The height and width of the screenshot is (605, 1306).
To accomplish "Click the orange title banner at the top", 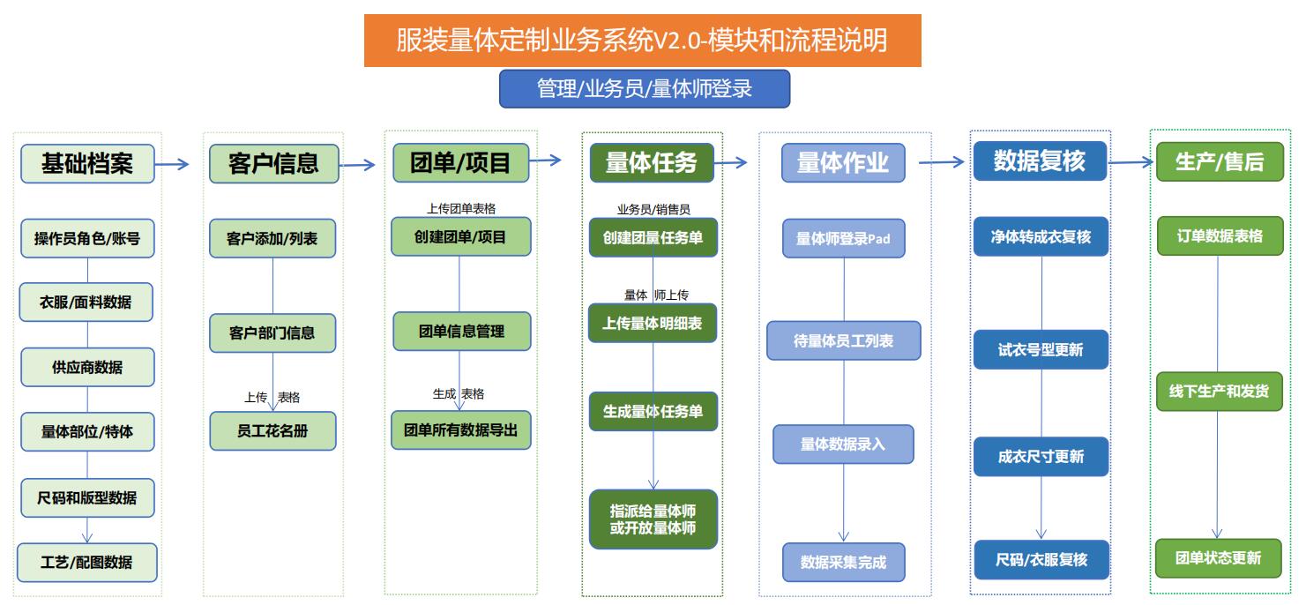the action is tap(643, 41).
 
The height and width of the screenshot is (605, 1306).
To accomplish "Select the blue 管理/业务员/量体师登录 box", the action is tap(645, 88).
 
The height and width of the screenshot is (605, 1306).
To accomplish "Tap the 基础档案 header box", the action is tap(87, 164).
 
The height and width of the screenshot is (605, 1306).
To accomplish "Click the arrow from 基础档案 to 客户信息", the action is tap(172, 164).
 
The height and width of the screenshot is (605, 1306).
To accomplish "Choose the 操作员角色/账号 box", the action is tap(87, 238).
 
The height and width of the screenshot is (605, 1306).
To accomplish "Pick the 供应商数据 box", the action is tap(87, 367).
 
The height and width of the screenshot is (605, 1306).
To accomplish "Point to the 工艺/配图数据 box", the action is tap(87, 563).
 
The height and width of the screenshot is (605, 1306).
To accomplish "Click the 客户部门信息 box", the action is tap(272, 332).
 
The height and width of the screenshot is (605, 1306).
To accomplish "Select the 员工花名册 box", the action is tap(272, 430).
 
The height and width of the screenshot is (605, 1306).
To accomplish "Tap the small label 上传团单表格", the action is tap(461, 208).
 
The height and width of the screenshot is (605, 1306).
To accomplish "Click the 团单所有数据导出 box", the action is tap(460, 430).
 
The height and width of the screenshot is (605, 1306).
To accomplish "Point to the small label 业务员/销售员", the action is tap(653, 209).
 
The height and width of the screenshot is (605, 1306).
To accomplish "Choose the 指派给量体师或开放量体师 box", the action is tap(653, 519).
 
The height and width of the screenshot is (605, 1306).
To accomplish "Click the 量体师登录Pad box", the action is tap(843, 238).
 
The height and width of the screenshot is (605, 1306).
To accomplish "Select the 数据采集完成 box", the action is tap(843, 563).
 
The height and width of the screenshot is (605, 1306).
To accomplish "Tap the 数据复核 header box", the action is tap(1040, 161).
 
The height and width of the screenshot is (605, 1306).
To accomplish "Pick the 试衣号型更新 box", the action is tap(1041, 350).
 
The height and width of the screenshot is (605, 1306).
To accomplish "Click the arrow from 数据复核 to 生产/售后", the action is tap(1131, 162).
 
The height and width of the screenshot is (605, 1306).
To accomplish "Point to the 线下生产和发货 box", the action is tap(1219, 391).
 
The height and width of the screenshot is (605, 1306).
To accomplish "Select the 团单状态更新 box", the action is tap(1218, 558).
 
